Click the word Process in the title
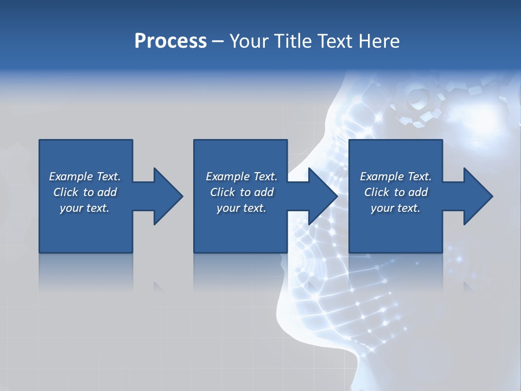click(x=170, y=41)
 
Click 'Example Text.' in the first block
click(x=85, y=176)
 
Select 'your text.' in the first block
click(x=85, y=208)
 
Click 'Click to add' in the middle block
click(x=242, y=192)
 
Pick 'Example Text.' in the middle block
click(x=242, y=176)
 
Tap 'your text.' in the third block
click(x=396, y=208)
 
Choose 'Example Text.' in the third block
click(x=396, y=176)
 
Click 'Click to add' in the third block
click(x=396, y=192)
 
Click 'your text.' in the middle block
click(x=242, y=208)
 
